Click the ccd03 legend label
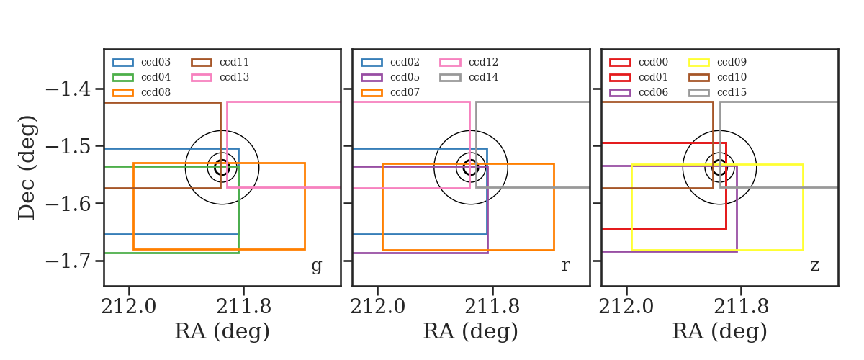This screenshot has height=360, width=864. coord(156,62)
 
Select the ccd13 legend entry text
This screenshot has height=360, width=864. coord(235,77)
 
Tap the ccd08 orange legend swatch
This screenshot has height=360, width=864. coord(123,93)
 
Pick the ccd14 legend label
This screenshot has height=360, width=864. coord(483,77)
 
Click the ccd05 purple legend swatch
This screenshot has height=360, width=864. coord(372,78)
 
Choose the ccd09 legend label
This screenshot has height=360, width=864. coord(732,62)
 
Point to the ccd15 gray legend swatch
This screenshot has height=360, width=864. coord(699,93)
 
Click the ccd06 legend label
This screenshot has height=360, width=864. coord(654,92)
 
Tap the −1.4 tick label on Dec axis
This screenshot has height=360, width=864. coord(68,89)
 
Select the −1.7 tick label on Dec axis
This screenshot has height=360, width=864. coord(68,261)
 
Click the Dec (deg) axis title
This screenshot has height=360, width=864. coord(27,168)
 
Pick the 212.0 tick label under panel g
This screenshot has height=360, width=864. coord(129,307)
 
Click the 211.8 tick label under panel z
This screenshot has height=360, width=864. coord(742,307)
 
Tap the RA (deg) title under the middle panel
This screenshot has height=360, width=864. coord(471,331)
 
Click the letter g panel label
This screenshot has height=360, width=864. coord(317,266)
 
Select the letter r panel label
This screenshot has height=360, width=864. coord(565,265)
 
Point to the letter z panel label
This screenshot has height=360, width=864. coord(814,266)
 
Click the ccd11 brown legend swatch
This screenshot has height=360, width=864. coord(202,63)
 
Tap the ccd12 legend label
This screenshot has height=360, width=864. coord(483,62)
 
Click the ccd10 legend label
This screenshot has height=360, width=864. coord(732,77)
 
